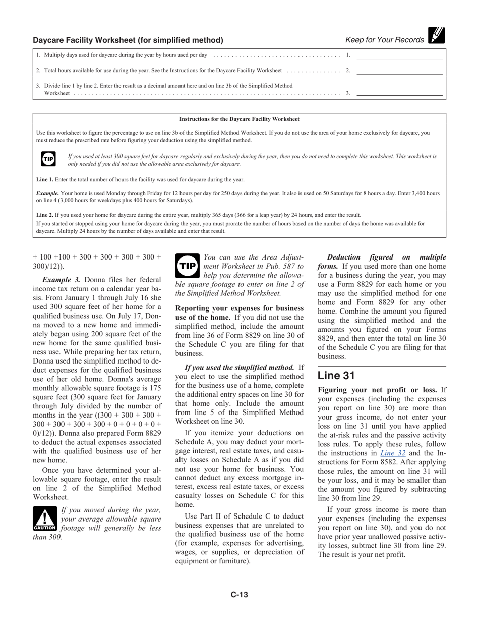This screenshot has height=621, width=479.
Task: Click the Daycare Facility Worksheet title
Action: pyautogui.click(x=128, y=40)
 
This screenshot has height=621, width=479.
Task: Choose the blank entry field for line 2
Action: pyautogui.click(x=399, y=71)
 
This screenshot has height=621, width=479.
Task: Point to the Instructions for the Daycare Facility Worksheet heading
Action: pyautogui.click(x=239, y=119)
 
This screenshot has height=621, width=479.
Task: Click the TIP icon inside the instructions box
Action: pyautogui.click(x=48, y=159)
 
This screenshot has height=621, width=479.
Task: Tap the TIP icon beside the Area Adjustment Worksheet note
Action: pyautogui.click(x=188, y=266)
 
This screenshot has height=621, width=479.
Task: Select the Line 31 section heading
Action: pyautogui.click(x=336, y=376)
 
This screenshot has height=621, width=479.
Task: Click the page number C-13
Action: pyautogui.click(x=239, y=595)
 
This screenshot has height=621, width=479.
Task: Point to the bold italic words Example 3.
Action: pyautogui.click(x=61, y=280)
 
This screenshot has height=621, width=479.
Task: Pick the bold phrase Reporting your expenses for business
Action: pyautogui.click(x=239, y=308)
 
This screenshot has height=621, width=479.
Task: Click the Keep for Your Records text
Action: pyautogui.click(x=385, y=40)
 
